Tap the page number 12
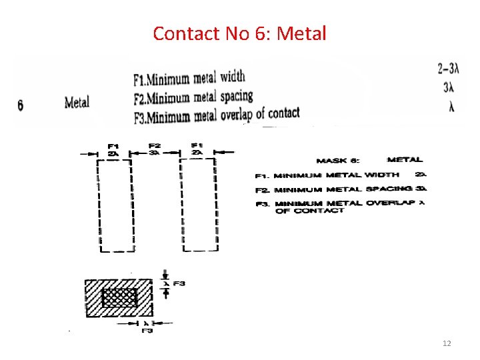point(447,343)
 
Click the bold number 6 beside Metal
point(21,105)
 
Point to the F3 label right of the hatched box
point(179,284)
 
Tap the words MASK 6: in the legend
point(339,160)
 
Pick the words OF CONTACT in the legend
point(309,211)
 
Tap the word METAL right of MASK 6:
point(405,160)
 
